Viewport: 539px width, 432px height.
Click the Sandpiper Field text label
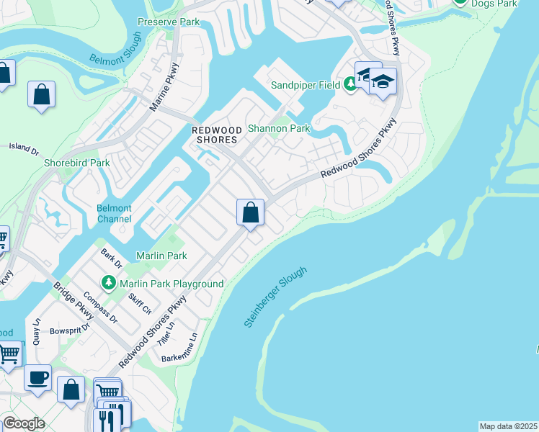pyautogui.click(x=306, y=85)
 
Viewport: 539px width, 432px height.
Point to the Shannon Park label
pyautogui.click(x=278, y=129)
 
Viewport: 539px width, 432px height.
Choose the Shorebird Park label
pyautogui.click(x=76, y=163)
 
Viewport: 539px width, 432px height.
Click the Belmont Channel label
pyautogui.click(x=114, y=214)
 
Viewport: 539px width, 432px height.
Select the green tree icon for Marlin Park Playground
pyautogui.click(x=109, y=283)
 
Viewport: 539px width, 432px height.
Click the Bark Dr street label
pyautogui.click(x=109, y=258)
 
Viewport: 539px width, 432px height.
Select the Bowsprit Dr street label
pyautogui.click(x=69, y=330)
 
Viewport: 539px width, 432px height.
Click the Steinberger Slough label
pyautogui.click(x=275, y=297)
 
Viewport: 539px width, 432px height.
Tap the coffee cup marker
pyautogui.click(x=37, y=377)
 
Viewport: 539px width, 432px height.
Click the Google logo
pyautogui.click(x=24, y=424)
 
